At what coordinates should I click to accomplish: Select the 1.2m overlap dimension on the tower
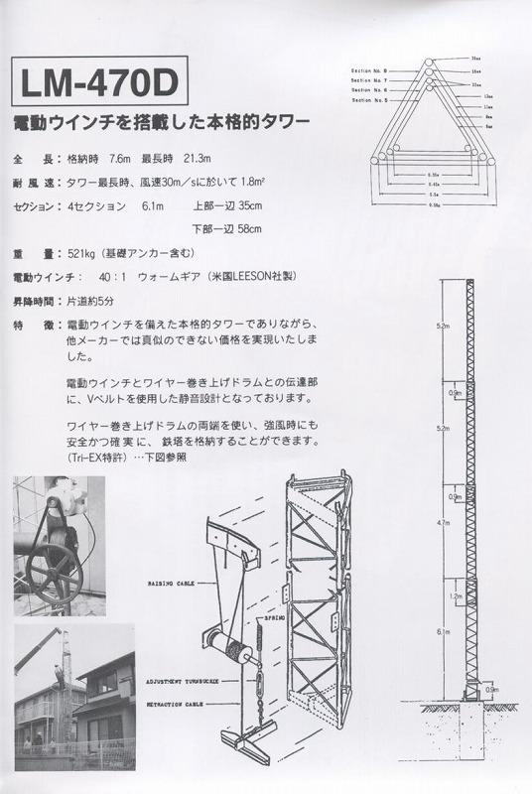457,596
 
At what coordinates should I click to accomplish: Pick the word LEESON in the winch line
234,276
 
